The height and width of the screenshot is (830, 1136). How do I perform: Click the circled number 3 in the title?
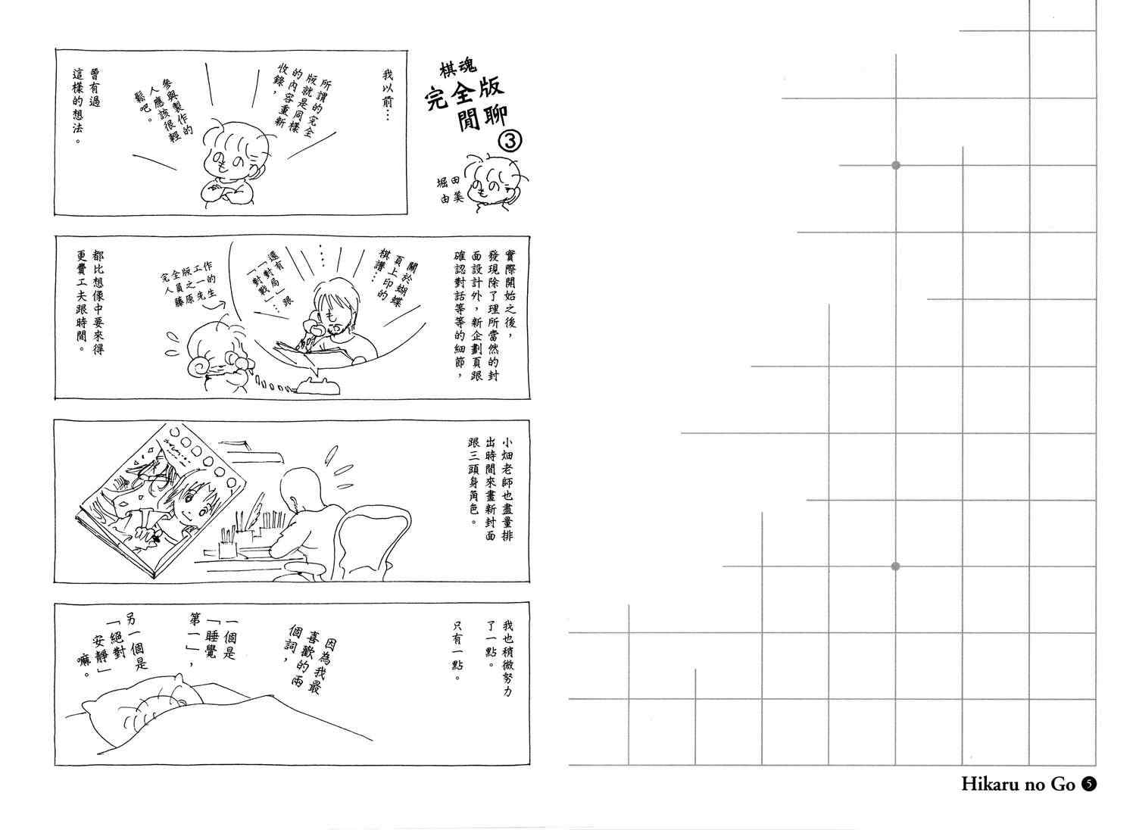tap(510, 142)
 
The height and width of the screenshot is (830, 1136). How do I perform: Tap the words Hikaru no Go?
tap(1018, 784)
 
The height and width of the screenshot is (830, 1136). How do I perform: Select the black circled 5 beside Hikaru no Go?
tap(1088, 785)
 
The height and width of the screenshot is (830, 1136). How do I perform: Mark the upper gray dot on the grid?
tap(896, 165)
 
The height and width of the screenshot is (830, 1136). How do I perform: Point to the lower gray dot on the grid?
tap(895, 566)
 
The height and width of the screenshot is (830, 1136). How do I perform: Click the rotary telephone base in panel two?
tap(318, 385)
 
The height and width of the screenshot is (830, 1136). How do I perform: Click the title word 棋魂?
tap(458, 67)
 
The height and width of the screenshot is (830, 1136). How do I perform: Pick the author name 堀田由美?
tap(451, 189)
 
